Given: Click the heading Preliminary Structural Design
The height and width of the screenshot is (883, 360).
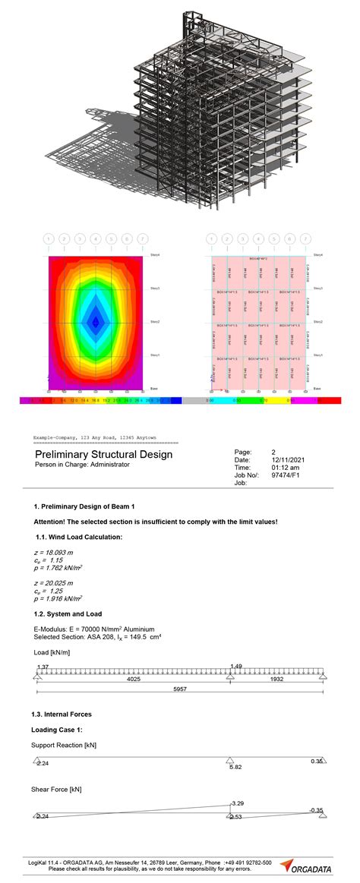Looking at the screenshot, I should (103, 454).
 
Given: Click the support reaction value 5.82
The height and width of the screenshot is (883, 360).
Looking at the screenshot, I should (235, 768).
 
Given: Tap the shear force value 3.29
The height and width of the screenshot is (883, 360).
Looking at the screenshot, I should (237, 802).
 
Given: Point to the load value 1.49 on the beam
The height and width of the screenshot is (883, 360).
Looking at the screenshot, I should (237, 666).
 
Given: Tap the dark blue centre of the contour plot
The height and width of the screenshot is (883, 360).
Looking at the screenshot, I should (95, 322).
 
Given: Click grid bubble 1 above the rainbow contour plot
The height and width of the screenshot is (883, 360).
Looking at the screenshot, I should (49, 238).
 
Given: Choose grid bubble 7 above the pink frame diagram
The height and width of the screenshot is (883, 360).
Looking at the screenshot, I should (305, 238).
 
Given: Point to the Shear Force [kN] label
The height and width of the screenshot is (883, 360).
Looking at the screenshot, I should (56, 789).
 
